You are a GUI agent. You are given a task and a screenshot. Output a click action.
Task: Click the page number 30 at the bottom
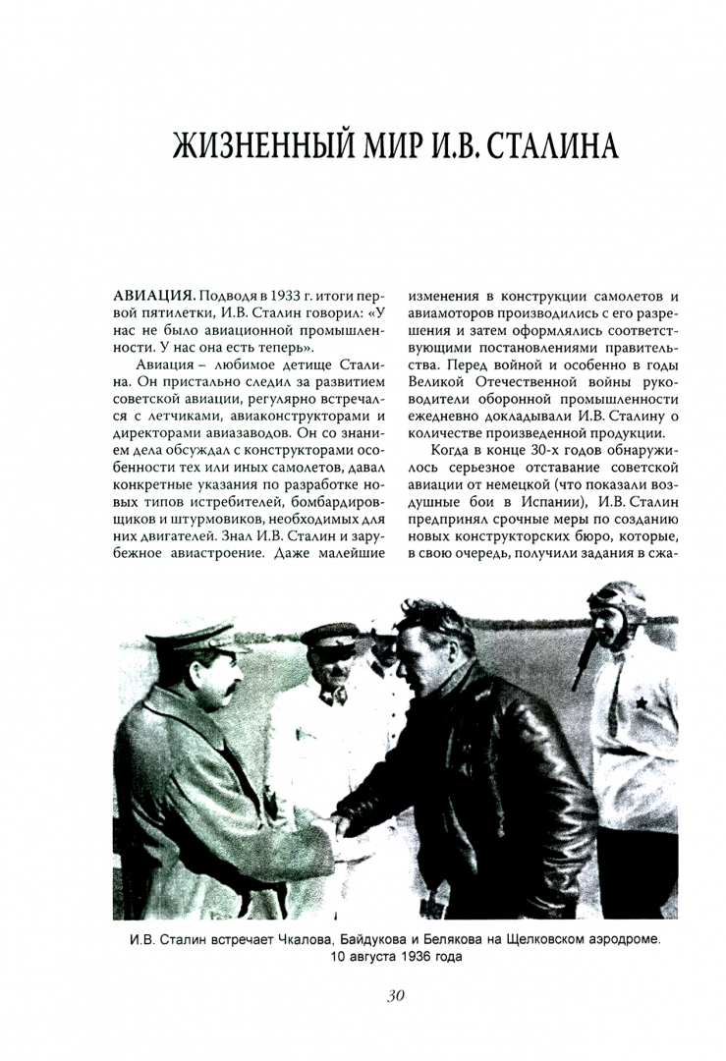396,996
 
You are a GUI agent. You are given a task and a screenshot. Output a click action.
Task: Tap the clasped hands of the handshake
348,826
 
